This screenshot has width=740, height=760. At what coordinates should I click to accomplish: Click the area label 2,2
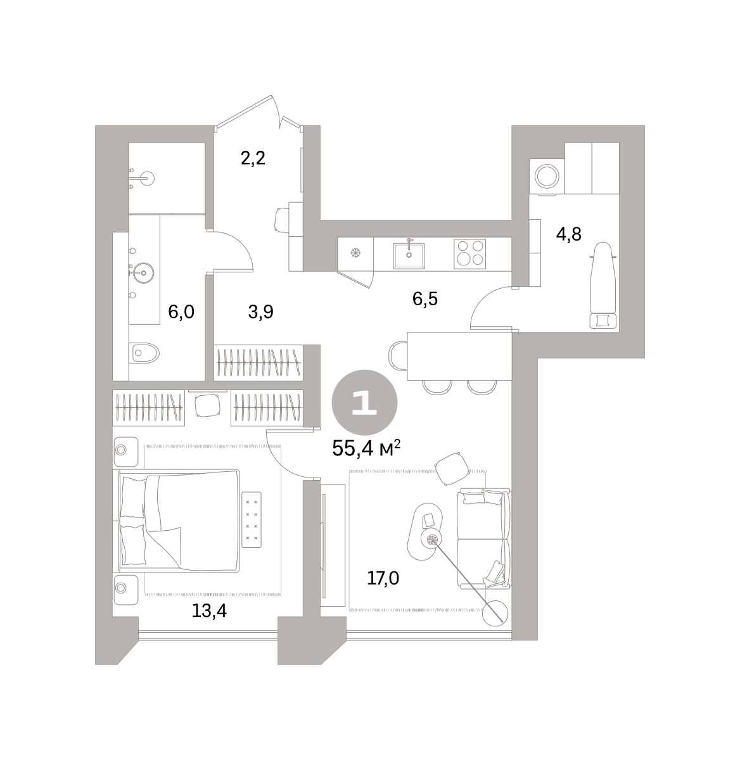pyautogui.click(x=253, y=158)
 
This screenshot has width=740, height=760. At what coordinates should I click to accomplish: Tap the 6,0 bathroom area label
pyautogui.click(x=181, y=312)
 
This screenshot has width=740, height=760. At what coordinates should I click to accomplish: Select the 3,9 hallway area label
pyautogui.click(x=260, y=312)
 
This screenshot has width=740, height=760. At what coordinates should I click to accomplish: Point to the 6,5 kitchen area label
pyautogui.click(x=424, y=299)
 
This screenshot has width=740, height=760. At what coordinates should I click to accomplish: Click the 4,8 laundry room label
pyautogui.click(x=568, y=234)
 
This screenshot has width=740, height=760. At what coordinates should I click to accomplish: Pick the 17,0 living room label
pyautogui.click(x=383, y=578)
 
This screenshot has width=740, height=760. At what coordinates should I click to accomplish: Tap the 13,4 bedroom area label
pyautogui.click(x=209, y=611)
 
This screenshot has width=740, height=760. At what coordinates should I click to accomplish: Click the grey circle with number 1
pyautogui.click(x=364, y=402)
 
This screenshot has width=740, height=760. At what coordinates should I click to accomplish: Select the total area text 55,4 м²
pyautogui.click(x=366, y=448)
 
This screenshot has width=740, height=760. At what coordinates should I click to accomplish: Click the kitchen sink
pyautogui.click(x=409, y=255)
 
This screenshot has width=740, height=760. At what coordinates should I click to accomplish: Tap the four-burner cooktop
pyautogui.click(x=469, y=254)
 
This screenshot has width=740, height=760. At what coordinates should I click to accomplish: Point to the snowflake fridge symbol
pyautogui.click(x=355, y=253)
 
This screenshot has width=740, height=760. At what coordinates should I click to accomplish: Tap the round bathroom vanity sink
pyautogui.click(x=143, y=272)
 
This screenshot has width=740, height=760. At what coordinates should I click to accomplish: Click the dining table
pyautogui.click(x=459, y=356)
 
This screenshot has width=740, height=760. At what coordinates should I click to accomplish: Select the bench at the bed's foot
pyautogui.click(x=252, y=519)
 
